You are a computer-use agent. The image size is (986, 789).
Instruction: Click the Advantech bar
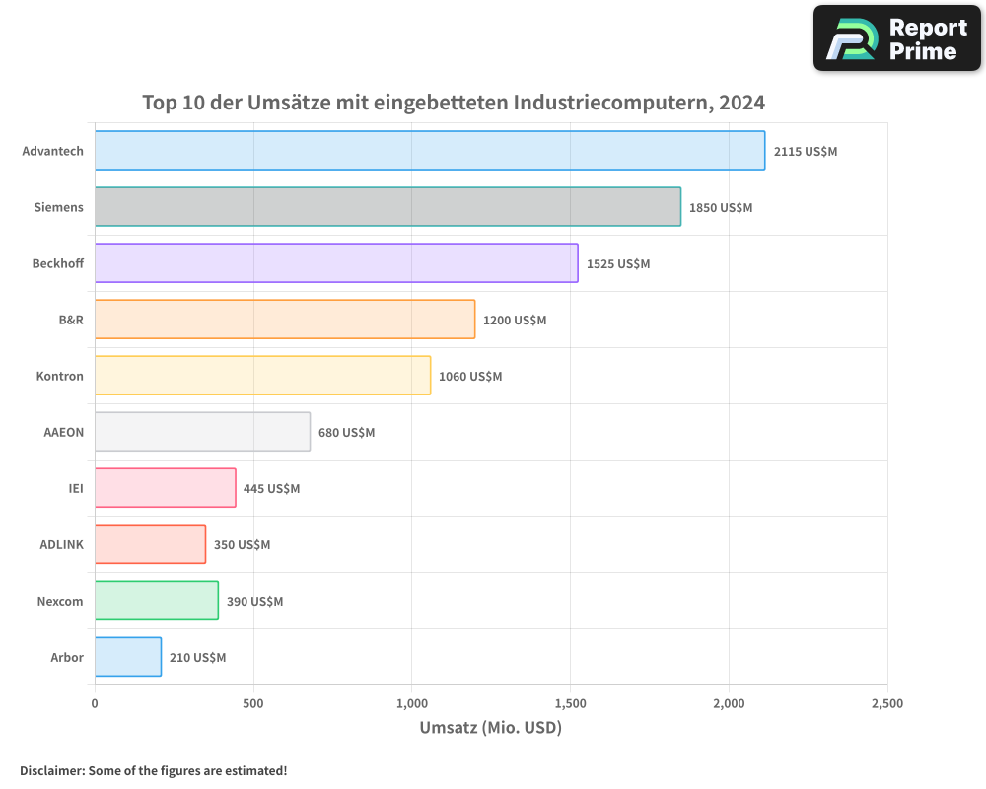429,151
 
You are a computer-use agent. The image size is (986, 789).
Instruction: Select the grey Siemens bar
387,207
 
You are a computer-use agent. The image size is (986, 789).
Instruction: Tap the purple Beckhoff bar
336,263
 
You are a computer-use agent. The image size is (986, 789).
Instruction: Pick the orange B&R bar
285,320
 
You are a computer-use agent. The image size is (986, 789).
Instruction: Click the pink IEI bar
166,488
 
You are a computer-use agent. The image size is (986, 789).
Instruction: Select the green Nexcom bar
157,601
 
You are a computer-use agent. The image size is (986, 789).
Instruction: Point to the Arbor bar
128,657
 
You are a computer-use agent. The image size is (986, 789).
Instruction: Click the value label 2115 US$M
806,152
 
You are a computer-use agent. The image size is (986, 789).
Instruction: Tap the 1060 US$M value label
470,377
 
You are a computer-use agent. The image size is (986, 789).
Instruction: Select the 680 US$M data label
347,433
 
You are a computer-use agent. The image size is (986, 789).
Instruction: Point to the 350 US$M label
242,545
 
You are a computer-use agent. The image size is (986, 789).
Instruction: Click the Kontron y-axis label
60,377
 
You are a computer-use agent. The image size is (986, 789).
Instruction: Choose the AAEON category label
64,433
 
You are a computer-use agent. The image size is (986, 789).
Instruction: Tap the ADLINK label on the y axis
62,545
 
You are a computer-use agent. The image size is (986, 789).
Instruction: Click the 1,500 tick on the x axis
570,704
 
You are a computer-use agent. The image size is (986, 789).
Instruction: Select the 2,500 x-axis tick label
886,704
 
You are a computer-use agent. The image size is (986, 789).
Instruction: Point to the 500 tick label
253,704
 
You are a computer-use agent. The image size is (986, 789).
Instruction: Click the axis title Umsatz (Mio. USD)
490,729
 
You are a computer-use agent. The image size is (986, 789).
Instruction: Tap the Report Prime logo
897,38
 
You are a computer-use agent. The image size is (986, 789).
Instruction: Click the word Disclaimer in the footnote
51,771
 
